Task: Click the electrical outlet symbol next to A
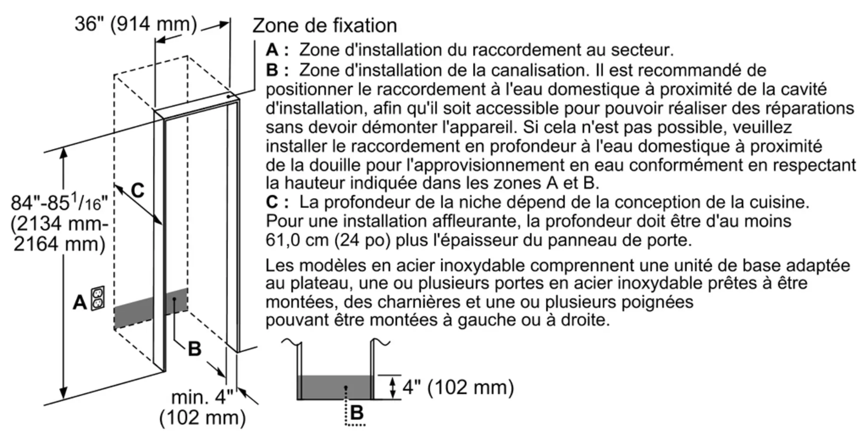pyautogui.click(x=98, y=298)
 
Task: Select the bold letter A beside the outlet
pyautogui.click(x=80, y=302)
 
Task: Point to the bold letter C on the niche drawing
pyautogui.click(x=137, y=190)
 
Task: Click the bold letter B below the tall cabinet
pyautogui.click(x=195, y=349)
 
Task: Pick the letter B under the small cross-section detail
pyautogui.click(x=356, y=412)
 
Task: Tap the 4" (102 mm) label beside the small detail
pyautogui.click(x=458, y=387)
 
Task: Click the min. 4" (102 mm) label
pyautogui.click(x=202, y=407)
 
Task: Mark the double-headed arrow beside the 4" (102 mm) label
pyautogui.click(x=393, y=387)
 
